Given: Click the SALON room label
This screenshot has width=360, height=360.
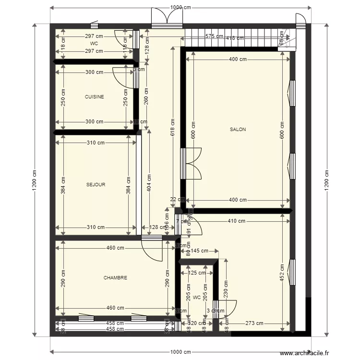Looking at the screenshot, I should click(x=238, y=130).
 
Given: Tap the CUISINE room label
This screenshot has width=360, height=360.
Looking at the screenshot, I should click(x=94, y=96).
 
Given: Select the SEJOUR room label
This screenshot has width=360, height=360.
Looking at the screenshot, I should click(x=96, y=184).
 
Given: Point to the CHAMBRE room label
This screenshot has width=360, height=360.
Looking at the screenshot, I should click(x=115, y=277).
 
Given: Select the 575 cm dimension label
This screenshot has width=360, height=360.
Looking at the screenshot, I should click(x=214, y=36).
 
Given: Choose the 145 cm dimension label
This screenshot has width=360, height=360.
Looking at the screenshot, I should click(x=199, y=251).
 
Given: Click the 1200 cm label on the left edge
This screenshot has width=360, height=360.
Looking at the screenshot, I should click(x=34, y=180).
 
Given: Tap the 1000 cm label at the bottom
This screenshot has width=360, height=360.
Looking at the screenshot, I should click(x=180, y=352).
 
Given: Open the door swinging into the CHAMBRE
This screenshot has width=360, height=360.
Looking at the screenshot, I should click(x=154, y=248).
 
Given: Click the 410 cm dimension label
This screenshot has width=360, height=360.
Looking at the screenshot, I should click(x=236, y=221).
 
